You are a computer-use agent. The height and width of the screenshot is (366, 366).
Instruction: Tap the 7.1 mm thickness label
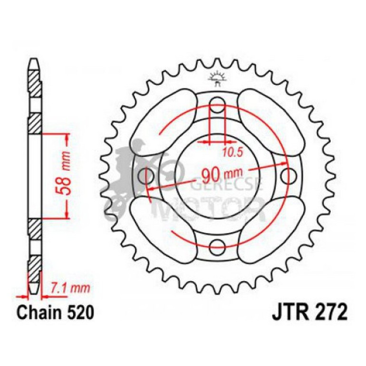[x=70, y=288]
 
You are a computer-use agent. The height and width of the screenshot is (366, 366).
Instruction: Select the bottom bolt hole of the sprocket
[x=217, y=245]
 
